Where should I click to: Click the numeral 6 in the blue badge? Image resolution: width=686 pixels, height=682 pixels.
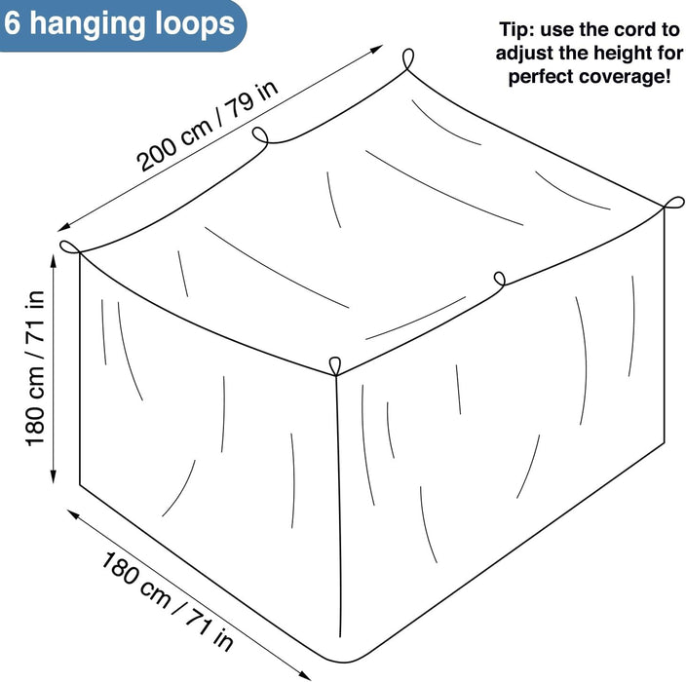(13, 23)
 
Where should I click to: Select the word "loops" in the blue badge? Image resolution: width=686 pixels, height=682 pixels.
(195, 25)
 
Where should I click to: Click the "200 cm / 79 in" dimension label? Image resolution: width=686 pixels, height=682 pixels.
(207, 126)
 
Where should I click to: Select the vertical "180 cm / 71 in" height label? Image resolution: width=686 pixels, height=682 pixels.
(35, 368)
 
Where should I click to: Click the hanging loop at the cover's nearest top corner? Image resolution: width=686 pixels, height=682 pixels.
(334, 366)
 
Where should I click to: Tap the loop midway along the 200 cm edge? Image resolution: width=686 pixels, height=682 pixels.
(260, 134)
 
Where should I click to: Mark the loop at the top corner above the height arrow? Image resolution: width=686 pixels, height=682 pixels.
(70, 247)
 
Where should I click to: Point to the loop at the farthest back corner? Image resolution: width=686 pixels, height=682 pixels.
(407, 58)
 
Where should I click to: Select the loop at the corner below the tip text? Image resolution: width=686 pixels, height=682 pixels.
(673, 203)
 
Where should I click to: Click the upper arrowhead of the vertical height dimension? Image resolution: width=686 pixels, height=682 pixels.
(54, 261)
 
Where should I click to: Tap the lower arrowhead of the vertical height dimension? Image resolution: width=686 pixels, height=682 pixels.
(54, 476)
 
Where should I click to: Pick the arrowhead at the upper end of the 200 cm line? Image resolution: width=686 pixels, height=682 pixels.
(377, 49)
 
